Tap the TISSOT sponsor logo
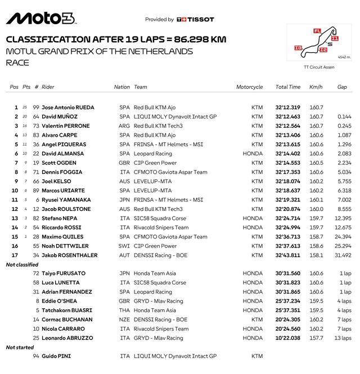point(195,19)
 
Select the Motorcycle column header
point(249,87)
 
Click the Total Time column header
point(288,87)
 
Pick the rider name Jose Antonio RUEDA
point(68,107)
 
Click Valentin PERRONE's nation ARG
point(124,126)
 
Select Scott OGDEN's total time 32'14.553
point(288,163)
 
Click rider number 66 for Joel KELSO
point(36,181)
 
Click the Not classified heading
point(22,264)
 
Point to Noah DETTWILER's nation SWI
point(124,246)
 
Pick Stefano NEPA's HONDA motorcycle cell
point(253,218)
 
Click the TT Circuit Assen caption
point(319,67)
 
